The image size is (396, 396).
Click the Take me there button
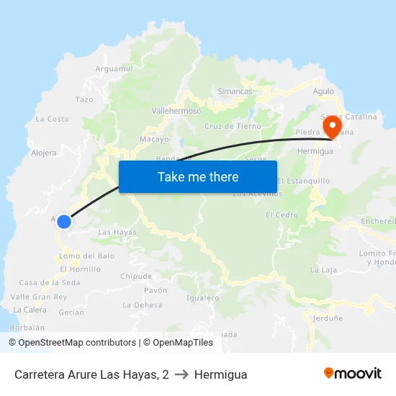(x=198, y=176)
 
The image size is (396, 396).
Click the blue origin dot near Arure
(x=64, y=222)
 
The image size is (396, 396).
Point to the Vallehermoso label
(x=176, y=112)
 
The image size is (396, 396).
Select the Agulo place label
(x=323, y=91)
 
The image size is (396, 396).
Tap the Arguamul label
(x=115, y=69)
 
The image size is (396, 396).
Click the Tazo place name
(x=84, y=100)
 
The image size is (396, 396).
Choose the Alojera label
(x=44, y=153)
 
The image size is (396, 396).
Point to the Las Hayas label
(x=117, y=232)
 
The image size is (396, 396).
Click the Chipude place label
(x=136, y=276)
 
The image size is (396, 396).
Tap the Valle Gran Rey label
(x=39, y=297)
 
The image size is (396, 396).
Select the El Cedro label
(x=282, y=215)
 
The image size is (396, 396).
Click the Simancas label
(x=235, y=92)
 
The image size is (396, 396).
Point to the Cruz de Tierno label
(x=233, y=126)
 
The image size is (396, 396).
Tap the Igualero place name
(x=202, y=297)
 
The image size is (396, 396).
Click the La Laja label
(x=323, y=270)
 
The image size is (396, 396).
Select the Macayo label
(x=154, y=139)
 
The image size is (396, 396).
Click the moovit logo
(x=352, y=374)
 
